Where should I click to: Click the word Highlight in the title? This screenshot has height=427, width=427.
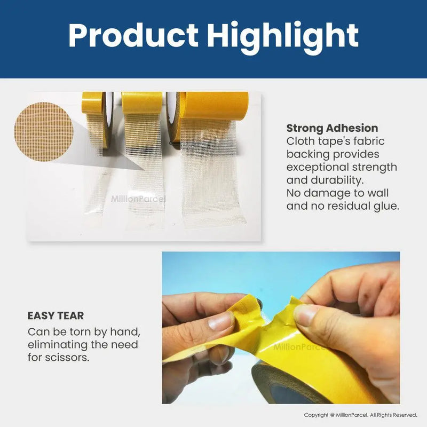click(283, 36)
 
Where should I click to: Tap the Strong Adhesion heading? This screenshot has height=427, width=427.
click(332, 128)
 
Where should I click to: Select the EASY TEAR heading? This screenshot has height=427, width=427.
click(56, 315)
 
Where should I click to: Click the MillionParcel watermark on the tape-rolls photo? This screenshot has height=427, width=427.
click(138, 199)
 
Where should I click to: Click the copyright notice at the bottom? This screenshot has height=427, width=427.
click(360, 415)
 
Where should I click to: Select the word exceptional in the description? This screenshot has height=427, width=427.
click(318, 167)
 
